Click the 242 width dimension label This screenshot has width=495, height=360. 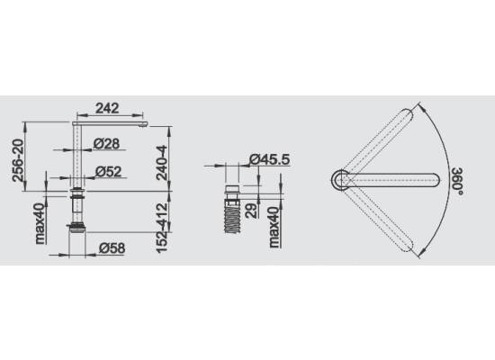(x=107, y=108)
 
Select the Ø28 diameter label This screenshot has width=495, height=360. (x=107, y=144)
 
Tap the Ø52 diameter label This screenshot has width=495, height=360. (x=108, y=172)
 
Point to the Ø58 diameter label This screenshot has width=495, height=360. (x=112, y=248)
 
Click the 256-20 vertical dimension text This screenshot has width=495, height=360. (x=18, y=160)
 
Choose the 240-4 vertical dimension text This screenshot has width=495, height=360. (x=162, y=162)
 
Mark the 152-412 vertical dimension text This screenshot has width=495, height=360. (x=162, y=228)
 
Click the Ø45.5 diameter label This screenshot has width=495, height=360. (x=269, y=159)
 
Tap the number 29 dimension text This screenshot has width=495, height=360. (x=251, y=211)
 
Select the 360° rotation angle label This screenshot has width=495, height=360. (x=457, y=181)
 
